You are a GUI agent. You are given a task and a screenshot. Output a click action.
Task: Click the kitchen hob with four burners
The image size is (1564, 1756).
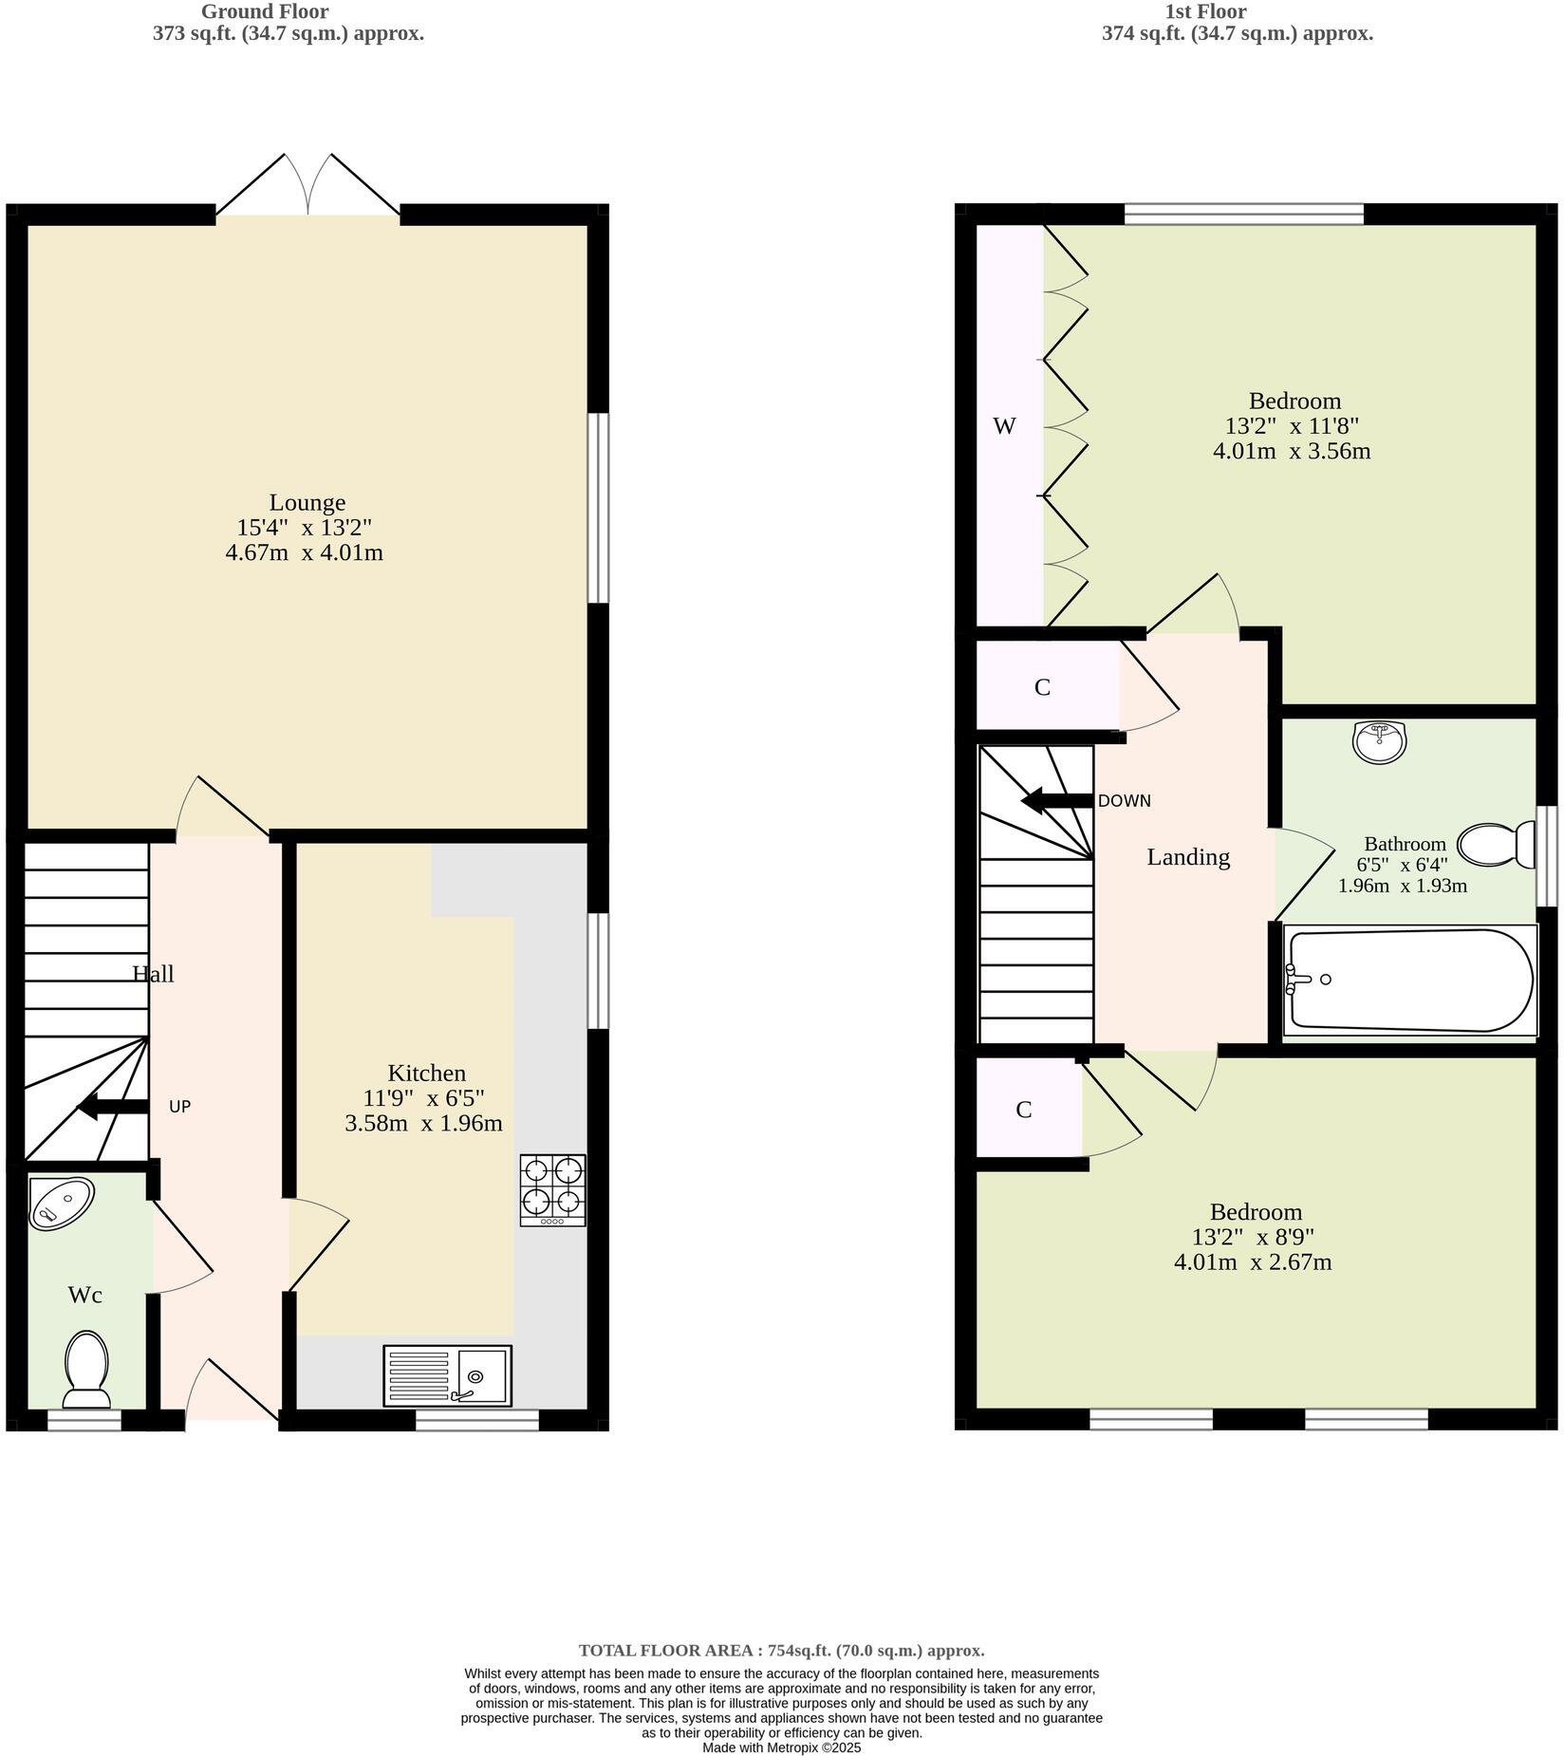point(552,1190)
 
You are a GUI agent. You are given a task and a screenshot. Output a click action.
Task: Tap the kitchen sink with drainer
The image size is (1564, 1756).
point(447,1375)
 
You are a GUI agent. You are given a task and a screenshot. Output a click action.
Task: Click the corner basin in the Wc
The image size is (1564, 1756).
point(60,1204)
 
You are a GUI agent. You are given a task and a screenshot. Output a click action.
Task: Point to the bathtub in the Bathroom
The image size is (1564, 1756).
point(1409,981)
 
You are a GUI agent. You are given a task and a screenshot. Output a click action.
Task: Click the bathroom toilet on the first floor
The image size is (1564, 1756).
point(1496,844)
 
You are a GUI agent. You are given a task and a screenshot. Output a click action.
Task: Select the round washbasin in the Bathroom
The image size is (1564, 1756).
point(1379,741)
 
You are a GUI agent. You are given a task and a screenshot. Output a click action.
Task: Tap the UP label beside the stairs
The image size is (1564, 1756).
point(179,1107)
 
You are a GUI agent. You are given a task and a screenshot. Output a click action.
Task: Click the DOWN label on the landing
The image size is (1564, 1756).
point(1124,801)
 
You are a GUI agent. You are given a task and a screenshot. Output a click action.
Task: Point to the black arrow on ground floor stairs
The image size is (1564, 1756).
point(112,1107)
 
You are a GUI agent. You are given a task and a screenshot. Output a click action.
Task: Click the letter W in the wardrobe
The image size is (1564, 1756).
point(1004,426)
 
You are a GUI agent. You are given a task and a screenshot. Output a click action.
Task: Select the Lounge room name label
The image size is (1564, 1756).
point(307,502)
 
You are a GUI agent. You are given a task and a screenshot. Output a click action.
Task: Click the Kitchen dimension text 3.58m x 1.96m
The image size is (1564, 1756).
point(423,1124)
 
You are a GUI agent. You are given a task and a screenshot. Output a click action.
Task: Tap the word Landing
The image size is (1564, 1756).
point(1187,857)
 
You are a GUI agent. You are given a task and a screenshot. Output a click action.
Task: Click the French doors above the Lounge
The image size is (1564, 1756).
point(307,186)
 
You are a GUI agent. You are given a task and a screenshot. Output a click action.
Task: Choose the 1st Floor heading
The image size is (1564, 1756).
point(1204,11)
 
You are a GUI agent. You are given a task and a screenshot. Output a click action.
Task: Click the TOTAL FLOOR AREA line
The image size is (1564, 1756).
point(781,1651)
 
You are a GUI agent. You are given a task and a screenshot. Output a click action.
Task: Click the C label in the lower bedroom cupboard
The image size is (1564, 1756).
point(1023,1110)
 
